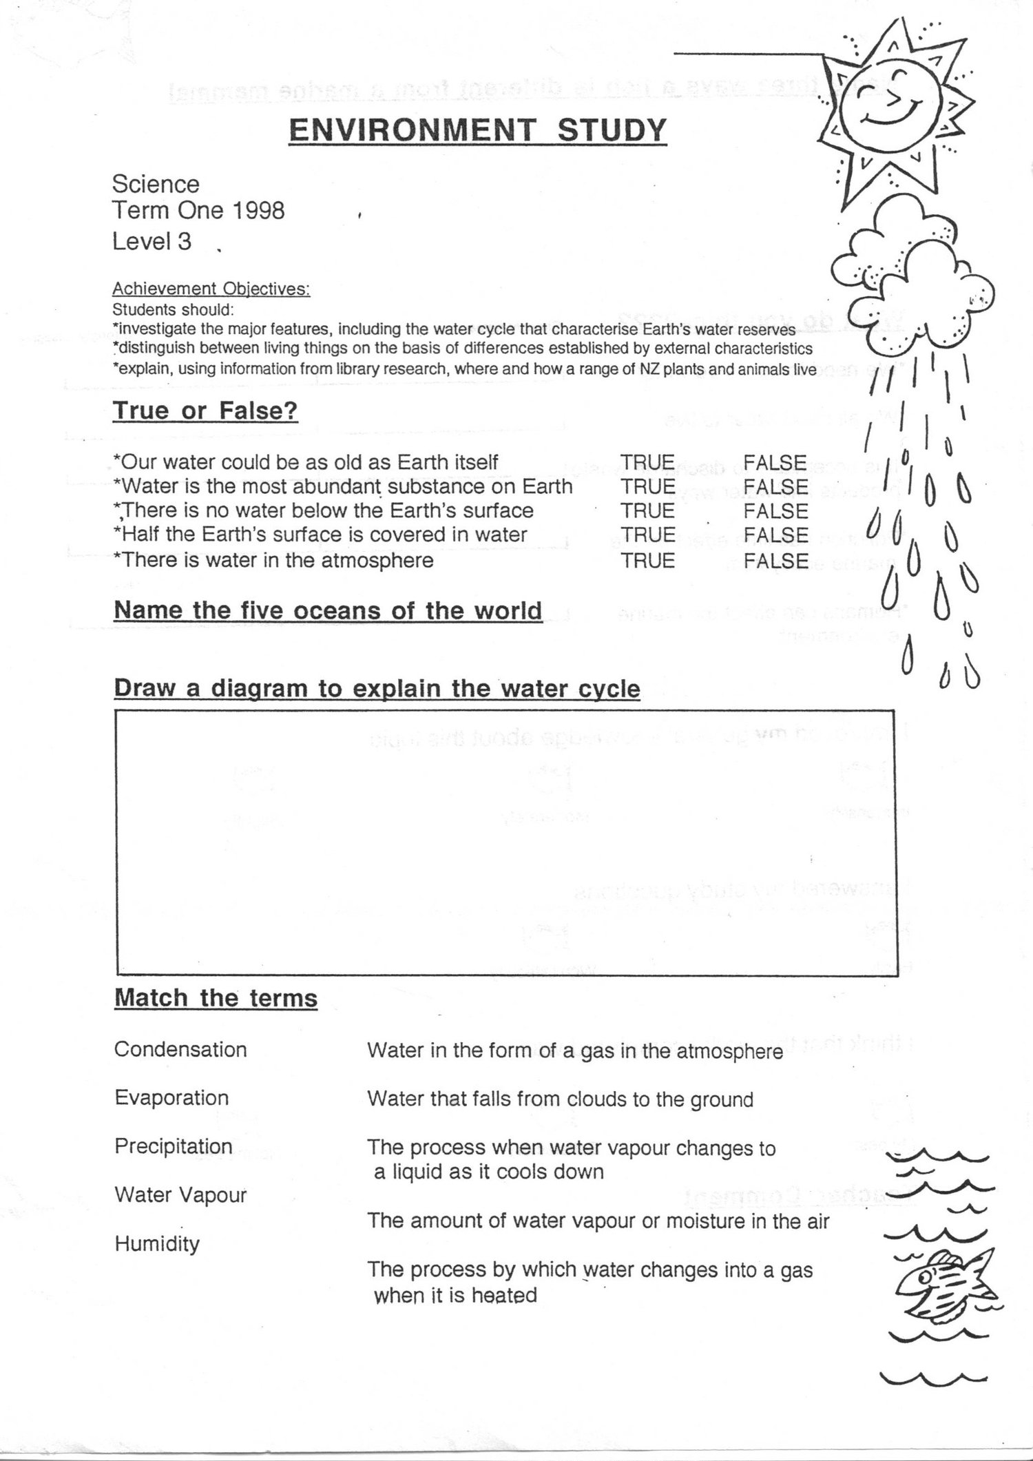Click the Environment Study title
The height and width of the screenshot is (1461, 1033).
(478, 129)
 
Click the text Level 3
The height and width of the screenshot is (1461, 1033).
(152, 242)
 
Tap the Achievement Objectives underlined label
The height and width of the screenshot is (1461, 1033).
(211, 289)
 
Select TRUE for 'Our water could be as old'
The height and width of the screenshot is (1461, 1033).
(647, 462)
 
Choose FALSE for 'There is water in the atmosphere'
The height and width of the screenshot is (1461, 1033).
(775, 561)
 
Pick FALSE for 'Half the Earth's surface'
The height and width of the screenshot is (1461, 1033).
(775, 535)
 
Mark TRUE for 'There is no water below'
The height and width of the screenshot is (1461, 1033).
(647, 511)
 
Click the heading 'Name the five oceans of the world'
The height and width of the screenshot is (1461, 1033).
(328, 611)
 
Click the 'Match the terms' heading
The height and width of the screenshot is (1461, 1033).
(216, 998)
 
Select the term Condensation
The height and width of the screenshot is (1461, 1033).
(180, 1050)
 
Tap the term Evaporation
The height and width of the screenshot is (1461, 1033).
(171, 1098)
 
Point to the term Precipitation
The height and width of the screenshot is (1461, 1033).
(174, 1146)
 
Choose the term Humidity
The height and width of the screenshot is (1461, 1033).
(157, 1244)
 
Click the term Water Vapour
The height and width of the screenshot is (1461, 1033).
(180, 1195)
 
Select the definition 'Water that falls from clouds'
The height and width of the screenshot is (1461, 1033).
(560, 1099)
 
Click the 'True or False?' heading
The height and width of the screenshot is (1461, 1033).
(205, 411)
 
